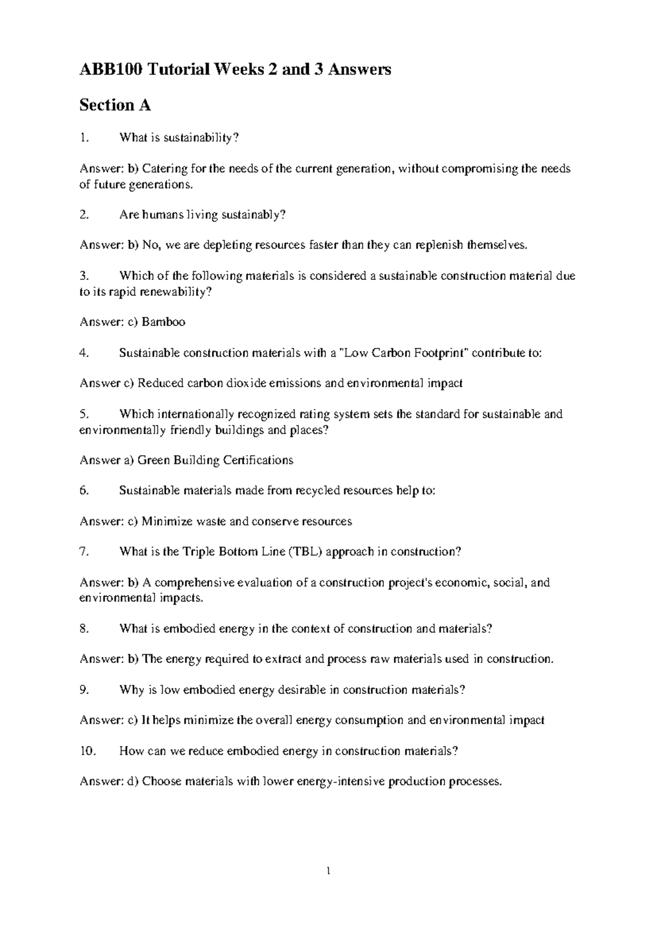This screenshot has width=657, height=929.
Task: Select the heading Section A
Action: pos(115,105)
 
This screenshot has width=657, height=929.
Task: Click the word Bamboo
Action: pos(163,322)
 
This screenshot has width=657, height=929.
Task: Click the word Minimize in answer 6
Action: pos(164,521)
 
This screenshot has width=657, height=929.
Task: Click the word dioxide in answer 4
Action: pos(246,383)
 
